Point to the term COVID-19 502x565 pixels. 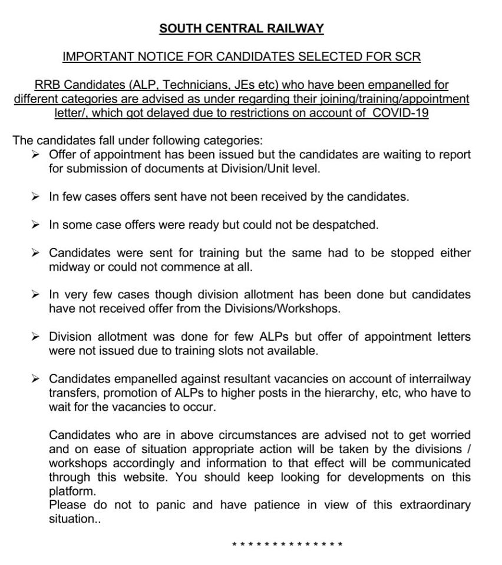click(x=401, y=113)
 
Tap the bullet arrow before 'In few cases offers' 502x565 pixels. click(x=36, y=197)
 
